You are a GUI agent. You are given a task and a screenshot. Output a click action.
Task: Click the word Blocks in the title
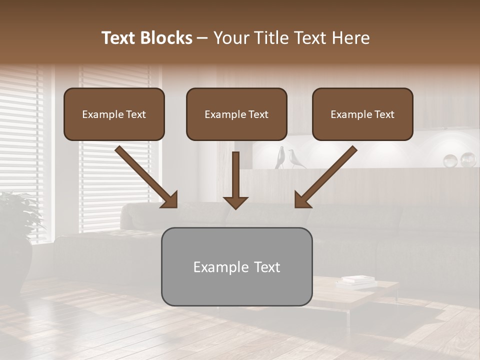[x=167, y=38]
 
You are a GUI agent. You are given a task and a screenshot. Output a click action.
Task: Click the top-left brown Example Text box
[x=114, y=114]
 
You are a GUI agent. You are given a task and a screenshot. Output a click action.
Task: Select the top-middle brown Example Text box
[x=236, y=114]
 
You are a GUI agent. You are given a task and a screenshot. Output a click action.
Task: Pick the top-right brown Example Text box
[x=362, y=114]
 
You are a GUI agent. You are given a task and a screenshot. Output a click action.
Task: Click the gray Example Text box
[x=236, y=267]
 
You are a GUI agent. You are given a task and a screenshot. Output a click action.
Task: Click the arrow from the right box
[x=325, y=177]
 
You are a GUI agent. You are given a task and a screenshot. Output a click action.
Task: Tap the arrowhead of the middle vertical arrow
[x=235, y=201]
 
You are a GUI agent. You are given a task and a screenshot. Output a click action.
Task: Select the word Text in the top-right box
[x=383, y=114]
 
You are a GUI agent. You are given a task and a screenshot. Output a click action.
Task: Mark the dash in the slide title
[x=203, y=38]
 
